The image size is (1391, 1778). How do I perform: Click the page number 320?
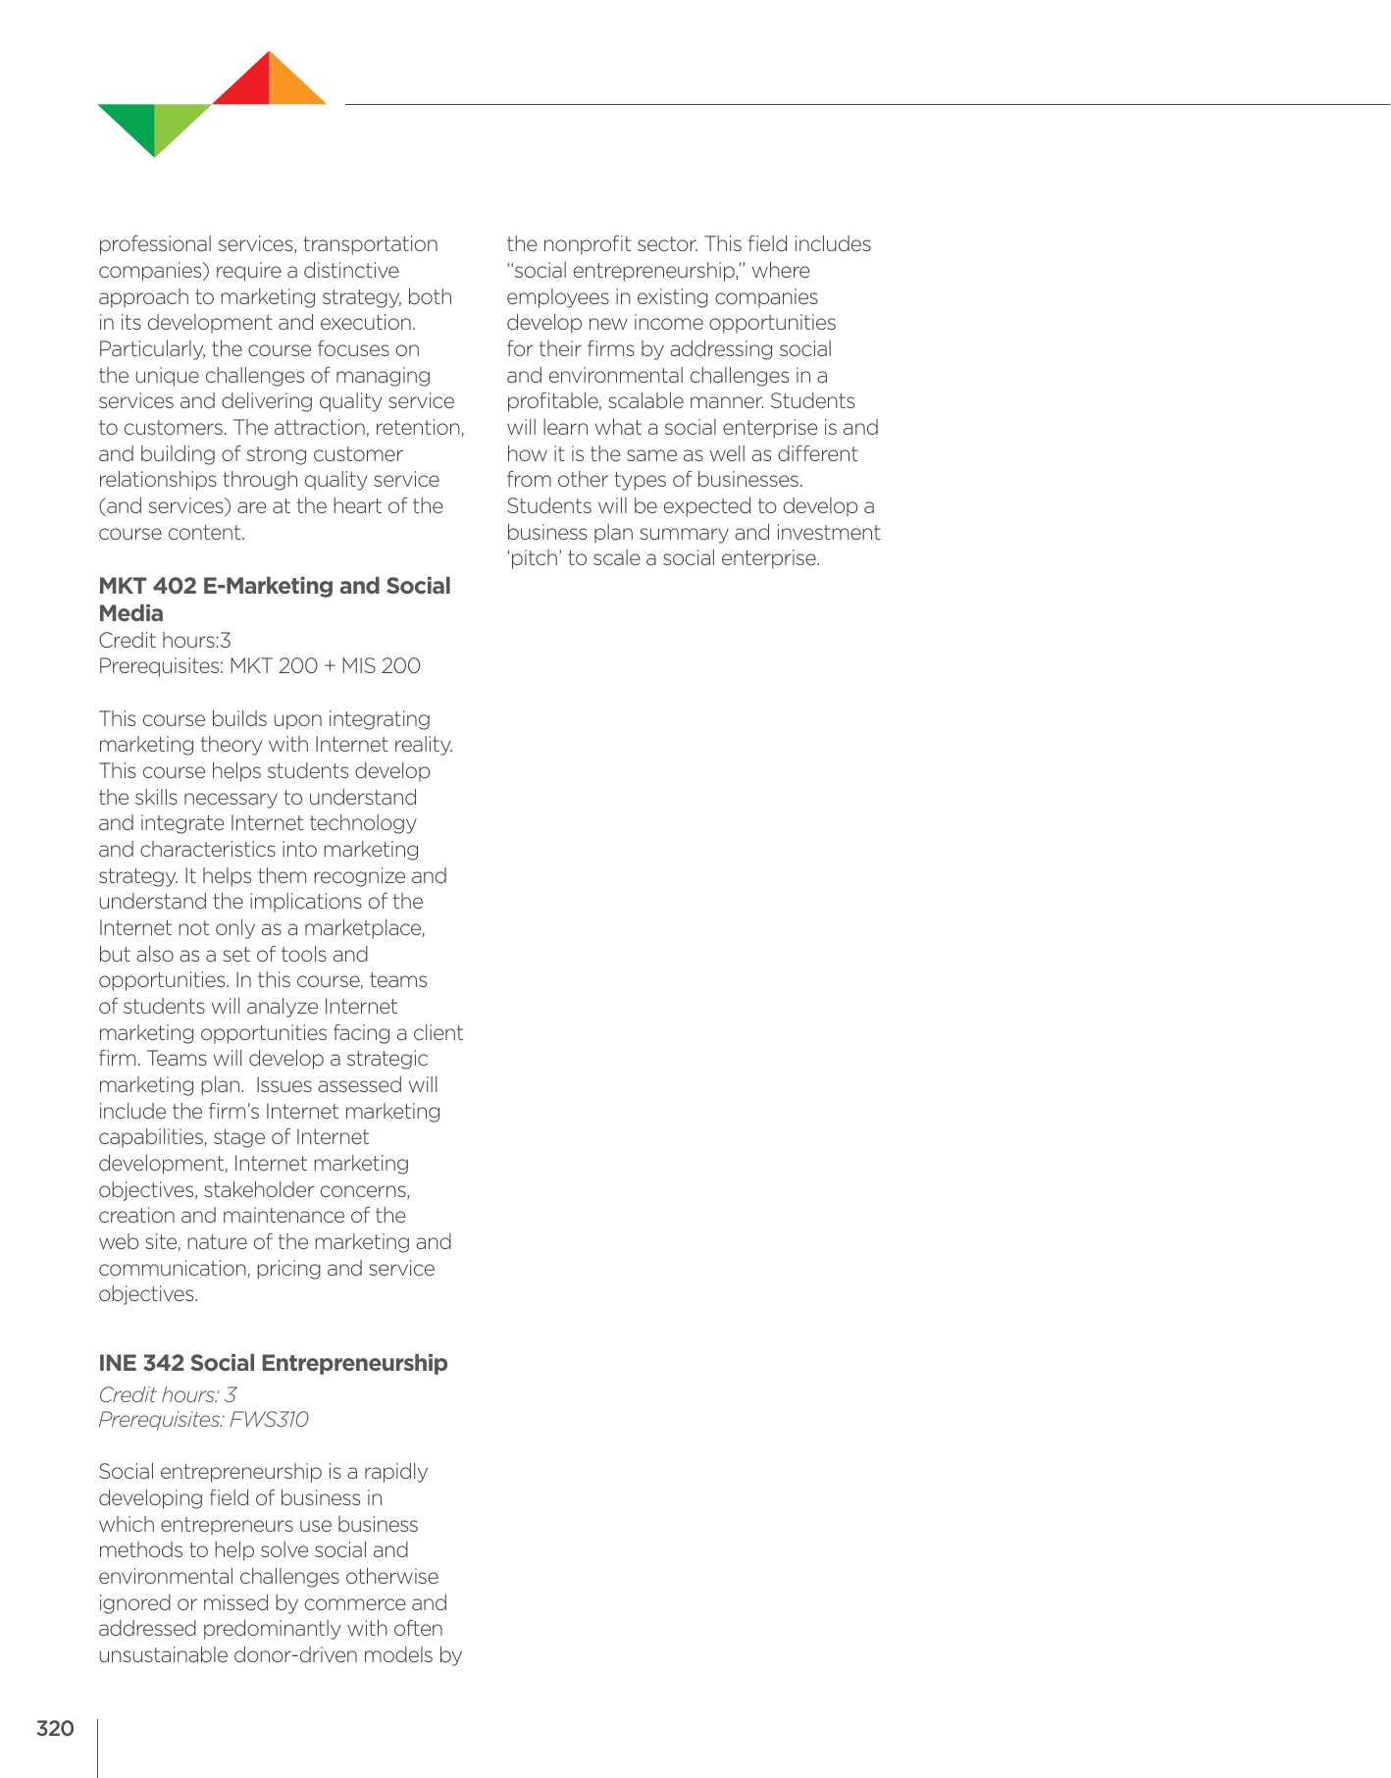(55, 1729)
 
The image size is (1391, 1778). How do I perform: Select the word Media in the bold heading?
(130, 613)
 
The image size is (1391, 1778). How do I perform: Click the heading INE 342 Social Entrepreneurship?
(273, 1363)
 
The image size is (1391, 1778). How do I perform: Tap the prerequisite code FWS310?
(269, 1420)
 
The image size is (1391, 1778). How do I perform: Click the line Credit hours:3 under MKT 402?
(165, 641)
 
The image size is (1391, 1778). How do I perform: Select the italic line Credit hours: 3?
(168, 1394)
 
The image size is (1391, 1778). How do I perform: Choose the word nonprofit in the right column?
(588, 244)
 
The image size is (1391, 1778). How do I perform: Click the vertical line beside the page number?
(98, 1747)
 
